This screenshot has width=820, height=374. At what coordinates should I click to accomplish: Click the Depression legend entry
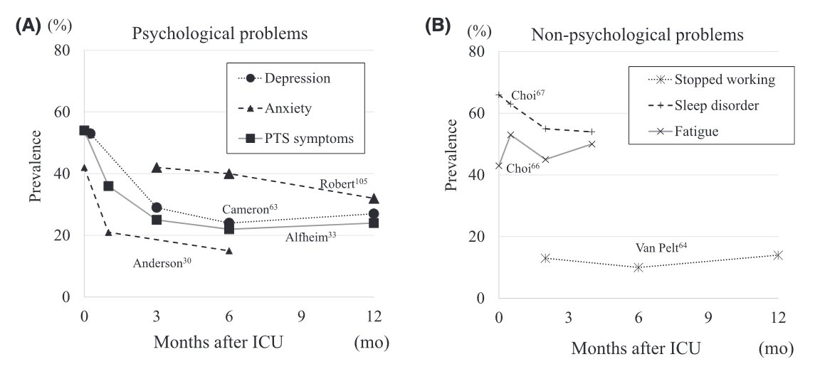(x=297, y=78)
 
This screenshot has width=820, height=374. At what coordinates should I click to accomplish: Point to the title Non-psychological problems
(x=638, y=34)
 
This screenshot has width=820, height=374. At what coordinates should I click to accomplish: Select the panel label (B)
(x=437, y=26)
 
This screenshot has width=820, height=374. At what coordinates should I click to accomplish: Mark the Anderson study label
(x=162, y=262)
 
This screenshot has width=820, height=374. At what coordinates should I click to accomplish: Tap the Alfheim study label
(x=310, y=238)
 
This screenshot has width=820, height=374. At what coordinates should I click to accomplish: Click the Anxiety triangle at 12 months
(x=374, y=198)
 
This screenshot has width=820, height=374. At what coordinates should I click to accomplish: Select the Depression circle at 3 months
(x=157, y=208)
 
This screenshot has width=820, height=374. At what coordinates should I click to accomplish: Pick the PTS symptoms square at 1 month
(x=108, y=186)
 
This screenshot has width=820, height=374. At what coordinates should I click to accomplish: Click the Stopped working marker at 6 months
(x=638, y=267)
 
